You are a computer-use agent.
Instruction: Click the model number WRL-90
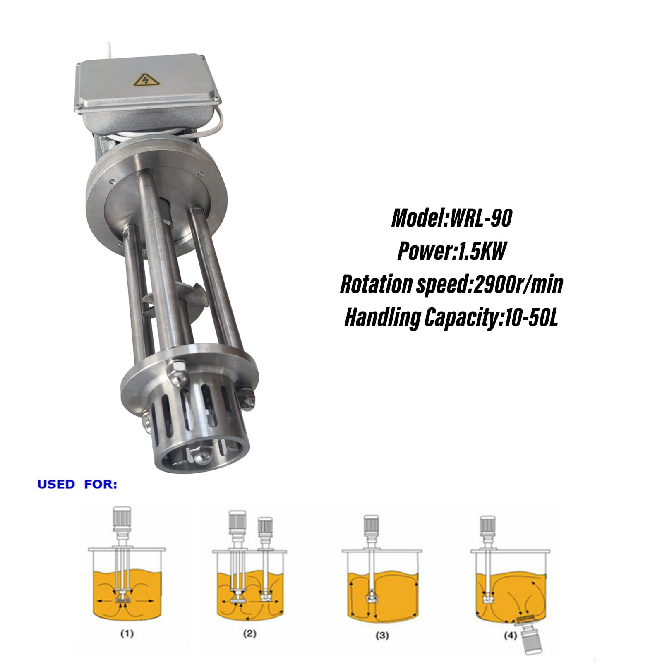481,218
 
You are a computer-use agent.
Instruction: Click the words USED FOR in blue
77,485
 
